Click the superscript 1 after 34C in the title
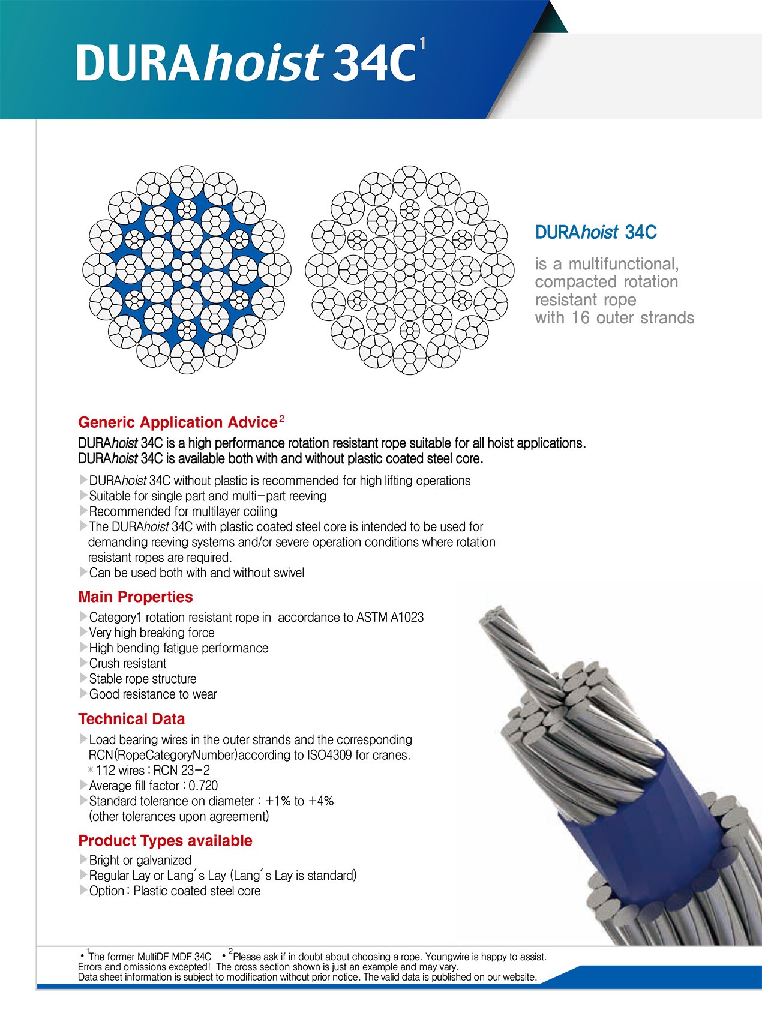tap(423, 44)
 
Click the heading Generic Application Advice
tap(178, 422)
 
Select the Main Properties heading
tap(136, 597)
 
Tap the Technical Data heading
tap(131, 719)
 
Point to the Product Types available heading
tap(165, 840)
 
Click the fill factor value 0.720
tap(203, 786)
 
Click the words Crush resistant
tap(128, 663)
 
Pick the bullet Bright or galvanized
tap(140, 860)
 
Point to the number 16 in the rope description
tap(580, 317)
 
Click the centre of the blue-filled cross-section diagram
tap(187, 269)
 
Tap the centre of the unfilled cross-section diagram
tap(410, 269)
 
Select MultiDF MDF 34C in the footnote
tap(174, 957)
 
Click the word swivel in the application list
tap(289, 573)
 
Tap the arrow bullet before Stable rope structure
tap(83, 679)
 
